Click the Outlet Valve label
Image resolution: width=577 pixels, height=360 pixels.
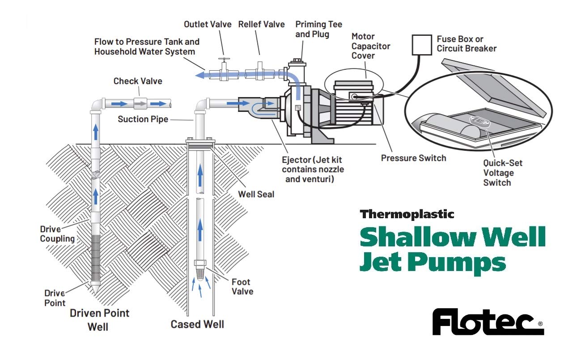208,24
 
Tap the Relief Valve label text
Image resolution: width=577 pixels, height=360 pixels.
261,24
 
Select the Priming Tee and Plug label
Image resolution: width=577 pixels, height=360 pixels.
318,29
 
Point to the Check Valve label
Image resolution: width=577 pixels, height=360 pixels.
138,81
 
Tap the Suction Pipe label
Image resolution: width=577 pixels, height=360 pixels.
143,119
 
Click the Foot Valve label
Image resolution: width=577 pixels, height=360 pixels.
242,287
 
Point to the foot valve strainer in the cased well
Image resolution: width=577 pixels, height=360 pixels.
200,271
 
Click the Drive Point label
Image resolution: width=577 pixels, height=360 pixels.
55,298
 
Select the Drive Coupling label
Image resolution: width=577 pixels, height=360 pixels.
57,234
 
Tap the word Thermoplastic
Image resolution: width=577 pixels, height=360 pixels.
407,214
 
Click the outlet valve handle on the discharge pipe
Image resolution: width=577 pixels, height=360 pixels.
223,59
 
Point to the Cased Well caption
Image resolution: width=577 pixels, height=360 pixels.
197,324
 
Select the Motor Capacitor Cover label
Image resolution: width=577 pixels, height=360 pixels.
371,46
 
